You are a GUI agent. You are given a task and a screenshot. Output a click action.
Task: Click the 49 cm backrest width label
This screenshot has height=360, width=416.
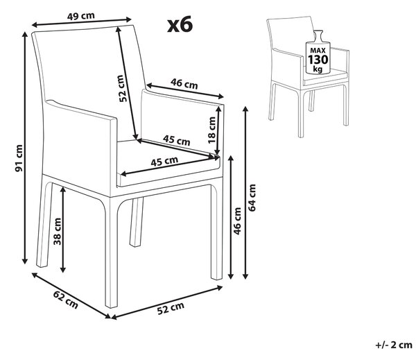coord(81,16)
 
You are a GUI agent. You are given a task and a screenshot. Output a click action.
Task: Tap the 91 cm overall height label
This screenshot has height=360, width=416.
coord(19,158)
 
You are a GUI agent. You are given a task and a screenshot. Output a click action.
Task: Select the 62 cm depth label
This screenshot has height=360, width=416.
coord(66,300)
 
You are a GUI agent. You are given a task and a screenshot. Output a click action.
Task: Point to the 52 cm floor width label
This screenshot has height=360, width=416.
coord(171,308)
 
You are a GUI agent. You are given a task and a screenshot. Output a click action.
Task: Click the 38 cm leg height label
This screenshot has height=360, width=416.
coord(57,231)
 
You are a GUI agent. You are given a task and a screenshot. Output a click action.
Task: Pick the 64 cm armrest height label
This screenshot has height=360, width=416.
coord(252,198)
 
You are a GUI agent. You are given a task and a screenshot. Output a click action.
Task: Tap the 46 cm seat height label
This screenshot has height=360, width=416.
coord(237,221)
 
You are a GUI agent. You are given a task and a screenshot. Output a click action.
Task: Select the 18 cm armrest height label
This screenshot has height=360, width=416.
coord(212,130)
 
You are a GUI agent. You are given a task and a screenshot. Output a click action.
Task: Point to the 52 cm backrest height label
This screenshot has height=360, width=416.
coord(121,88)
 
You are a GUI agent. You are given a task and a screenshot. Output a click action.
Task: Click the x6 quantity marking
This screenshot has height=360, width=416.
coord(180,24)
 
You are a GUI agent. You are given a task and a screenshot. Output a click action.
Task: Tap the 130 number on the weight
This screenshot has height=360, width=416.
coord(318,60)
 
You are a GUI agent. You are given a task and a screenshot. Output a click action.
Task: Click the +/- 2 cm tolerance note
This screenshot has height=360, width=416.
coord(395,345)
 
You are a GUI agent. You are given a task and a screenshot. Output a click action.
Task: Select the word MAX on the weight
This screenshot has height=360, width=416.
coord(318,50)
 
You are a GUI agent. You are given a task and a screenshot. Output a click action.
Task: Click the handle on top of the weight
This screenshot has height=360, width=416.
coord(318,35)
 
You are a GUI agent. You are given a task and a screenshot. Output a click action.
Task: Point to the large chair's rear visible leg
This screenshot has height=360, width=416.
coord(137,222)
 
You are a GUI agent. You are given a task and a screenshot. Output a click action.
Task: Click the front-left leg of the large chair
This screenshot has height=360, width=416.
coord(112,253)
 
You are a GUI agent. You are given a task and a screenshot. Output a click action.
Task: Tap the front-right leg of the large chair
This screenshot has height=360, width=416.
coord(216,232)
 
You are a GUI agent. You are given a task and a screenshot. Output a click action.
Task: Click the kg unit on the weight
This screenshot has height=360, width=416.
coord(318,69)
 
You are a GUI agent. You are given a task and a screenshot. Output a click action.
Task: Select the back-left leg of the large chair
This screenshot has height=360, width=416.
coord(44,225)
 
